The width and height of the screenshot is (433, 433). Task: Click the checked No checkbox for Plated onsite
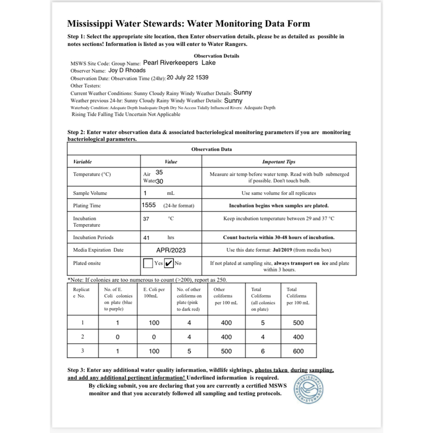point(168,264)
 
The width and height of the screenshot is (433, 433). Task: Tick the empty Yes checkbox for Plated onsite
point(148,264)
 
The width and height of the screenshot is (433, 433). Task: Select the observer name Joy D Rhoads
point(127,70)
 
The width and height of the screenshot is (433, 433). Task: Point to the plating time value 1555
point(149,205)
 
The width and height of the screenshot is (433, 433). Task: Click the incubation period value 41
point(146,237)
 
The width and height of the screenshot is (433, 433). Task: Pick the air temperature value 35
point(159,172)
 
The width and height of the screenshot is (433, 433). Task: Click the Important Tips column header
point(279,161)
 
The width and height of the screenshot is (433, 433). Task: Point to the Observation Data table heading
point(212,149)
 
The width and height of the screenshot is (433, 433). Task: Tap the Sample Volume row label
point(90,193)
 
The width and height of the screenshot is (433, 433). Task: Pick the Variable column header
point(83,161)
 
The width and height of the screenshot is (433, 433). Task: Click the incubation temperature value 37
point(146,219)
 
